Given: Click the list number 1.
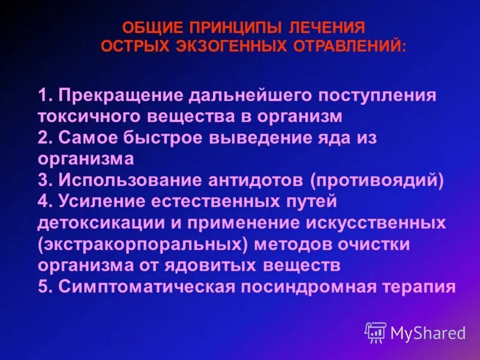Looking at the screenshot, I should click(x=43, y=96).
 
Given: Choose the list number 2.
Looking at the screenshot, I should click(x=43, y=137).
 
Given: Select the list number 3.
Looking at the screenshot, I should click(x=43, y=179).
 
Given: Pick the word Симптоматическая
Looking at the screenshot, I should click(x=146, y=286).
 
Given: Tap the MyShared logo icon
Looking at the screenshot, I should click(x=376, y=332).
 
